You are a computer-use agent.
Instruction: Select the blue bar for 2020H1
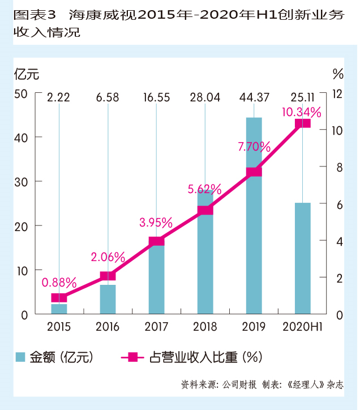pyautogui.click(x=303, y=258)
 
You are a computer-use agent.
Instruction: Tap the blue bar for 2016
pyautogui.click(x=108, y=299)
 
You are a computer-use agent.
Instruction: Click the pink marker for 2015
pyautogui.click(x=59, y=298)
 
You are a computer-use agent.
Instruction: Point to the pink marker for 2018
pyautogui.click(x=205, y=210)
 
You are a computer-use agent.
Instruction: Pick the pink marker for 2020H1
pyautogui.click(x=303, y=123)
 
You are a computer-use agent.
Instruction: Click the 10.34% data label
pyautogui.click(x=301, y=112)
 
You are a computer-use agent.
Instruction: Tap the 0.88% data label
pyautogui.click(x=59, y=281)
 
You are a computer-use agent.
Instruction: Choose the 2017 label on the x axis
pyautogui.click(x=156, y=327)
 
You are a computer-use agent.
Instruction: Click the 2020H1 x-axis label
pyautogui.click(x=303, y=327)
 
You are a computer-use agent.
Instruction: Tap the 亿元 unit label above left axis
pyautogui.click(x=27, y=74)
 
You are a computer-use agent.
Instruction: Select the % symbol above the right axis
pyautogui.click(x=338, y=74)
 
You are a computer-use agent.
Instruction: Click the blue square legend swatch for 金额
pyautogui.click(x=21, y=357)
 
